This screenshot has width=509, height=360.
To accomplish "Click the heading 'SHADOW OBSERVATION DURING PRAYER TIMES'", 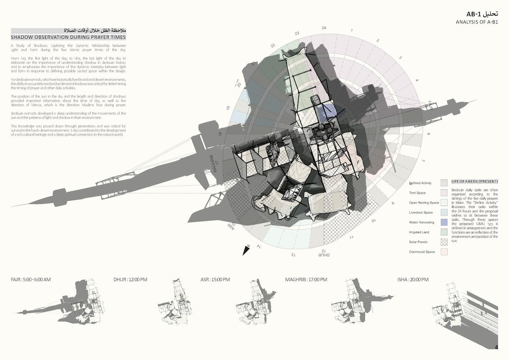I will (x=68, y=37).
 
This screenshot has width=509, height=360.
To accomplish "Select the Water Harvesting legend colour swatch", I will (x=444, y=222).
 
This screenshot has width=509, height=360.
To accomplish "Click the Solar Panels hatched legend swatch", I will (x=444, y=242).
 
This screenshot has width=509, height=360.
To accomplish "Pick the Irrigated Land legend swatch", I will (x=444, y=232).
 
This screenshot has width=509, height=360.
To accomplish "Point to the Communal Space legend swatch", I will (x=444, y=252).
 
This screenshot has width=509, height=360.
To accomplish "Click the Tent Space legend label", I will (x=417, y=193).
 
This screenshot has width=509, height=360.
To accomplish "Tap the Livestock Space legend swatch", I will (x=444, y=212).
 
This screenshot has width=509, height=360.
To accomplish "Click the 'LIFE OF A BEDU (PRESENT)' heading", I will (x=475, y=182).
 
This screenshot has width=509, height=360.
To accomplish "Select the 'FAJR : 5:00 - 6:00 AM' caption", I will (x=31, y=280).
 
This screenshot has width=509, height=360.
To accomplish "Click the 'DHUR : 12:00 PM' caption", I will (x=130, y=280).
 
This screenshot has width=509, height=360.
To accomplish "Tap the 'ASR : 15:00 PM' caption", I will (x=215, y=280).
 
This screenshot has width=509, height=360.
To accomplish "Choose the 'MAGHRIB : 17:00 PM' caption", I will (x=306, y=280).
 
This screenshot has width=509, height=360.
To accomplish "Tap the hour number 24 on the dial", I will (x=324, y=28).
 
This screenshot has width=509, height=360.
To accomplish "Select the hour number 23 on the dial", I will (x=297, y=33).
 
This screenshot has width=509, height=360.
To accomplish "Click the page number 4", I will (x=496, y=347).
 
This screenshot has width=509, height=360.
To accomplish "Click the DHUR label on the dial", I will (x=324, y=255).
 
